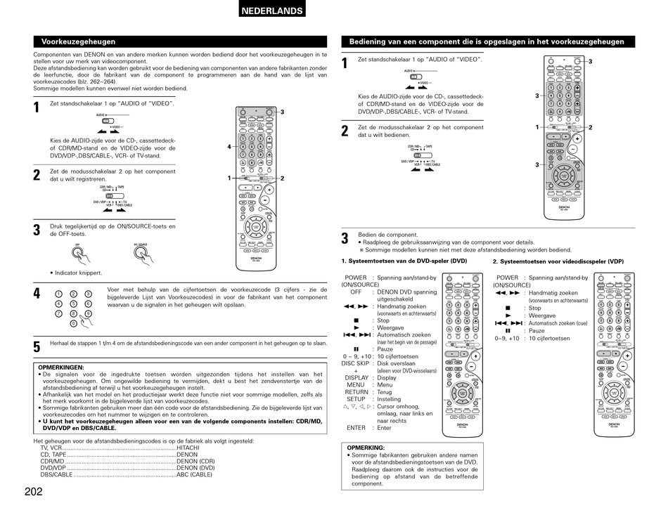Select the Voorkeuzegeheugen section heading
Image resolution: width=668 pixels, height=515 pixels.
78,41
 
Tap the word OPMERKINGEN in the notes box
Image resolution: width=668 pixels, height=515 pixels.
60,367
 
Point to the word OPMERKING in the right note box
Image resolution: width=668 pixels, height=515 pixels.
366,448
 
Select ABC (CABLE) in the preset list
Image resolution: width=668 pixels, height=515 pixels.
194,474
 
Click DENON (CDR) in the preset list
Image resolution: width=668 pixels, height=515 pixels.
195,461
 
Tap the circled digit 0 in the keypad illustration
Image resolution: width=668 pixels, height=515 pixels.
73,324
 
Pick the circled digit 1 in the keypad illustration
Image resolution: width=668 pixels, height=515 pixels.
59,294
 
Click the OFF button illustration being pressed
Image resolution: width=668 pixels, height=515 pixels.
77,254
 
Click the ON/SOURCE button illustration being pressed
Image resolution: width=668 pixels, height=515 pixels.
143,254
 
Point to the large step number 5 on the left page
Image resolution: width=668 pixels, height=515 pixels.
37,346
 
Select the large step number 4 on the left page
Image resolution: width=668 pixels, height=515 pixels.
37,294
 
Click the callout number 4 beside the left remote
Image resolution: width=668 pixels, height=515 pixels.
229,146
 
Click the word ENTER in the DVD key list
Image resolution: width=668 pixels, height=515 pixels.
356,428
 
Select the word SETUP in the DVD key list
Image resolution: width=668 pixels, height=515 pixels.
356,399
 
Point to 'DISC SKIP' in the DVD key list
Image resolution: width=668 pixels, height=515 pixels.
356,363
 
